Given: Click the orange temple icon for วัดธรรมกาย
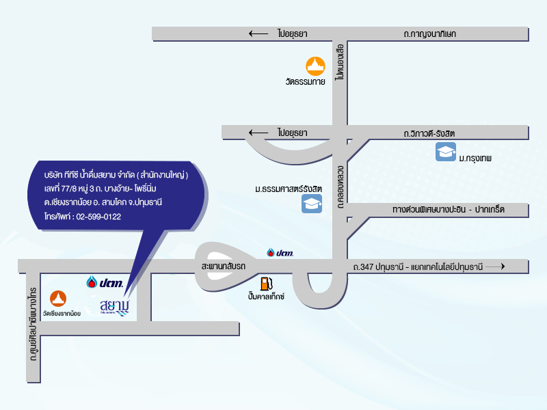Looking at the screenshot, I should click(x=315, y=66).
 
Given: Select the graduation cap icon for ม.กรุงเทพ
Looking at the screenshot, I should click(x=445, y=152).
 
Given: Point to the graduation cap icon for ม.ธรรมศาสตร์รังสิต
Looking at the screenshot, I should click(x=312, y=203).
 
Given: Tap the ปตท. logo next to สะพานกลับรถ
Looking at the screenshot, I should click(x=280, y=253).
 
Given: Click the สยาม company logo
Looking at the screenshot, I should click(x=114, y=307).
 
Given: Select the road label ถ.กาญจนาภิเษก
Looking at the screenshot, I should click(x=430, y=33).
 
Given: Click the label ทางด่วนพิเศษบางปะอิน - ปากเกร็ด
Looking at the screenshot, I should click(x=448, y=209).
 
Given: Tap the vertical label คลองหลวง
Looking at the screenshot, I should click(x=339, y=182).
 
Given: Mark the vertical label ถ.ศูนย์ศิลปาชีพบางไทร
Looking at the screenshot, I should click(x=32, y=325).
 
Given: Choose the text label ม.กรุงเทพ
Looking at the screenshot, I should click(x=476, y=158).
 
